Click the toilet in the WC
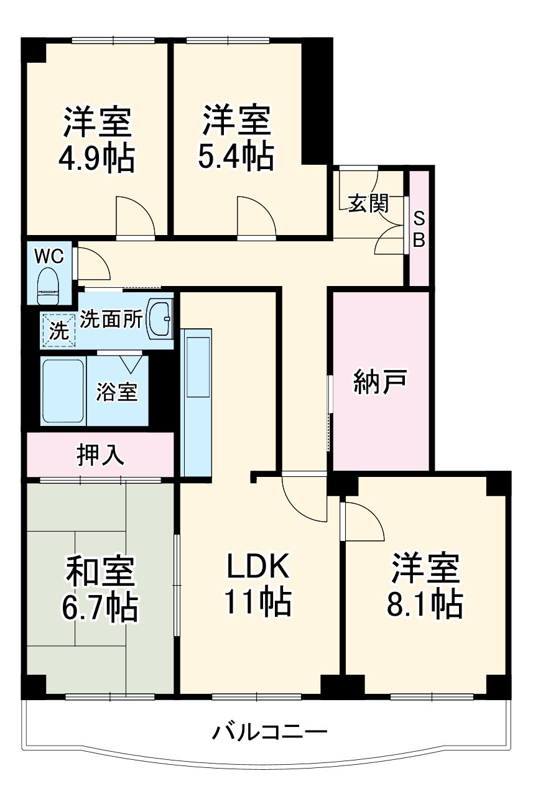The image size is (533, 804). [x=49, y=285]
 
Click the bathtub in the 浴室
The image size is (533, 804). [x=63, y=390]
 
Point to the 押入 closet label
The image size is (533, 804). [x=100, y=455]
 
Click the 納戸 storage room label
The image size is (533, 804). [x=381, y=381]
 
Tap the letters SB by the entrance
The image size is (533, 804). [x=419, y=229]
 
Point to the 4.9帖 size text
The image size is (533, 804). [x=96, y=159]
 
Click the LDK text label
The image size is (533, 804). [x=257, y=566]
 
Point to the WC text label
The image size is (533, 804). [x=48, y=255]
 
